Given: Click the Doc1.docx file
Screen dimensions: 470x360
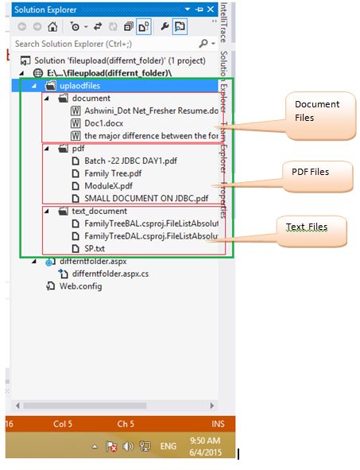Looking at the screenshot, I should pyautogui.click(x=103, y=123).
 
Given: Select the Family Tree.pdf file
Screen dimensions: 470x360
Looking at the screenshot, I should pyautogui.click(x=113, y=173).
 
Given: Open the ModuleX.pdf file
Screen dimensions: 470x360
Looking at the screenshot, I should pyautogui.click(x=107, y=185).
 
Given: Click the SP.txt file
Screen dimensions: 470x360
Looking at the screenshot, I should pyautogui.click(x=95, y=248).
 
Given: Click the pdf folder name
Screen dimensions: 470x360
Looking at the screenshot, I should pyautogui.click(x=78, y=148).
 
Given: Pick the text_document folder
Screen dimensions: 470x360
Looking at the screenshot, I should pyautogui.click(x=99, y=211).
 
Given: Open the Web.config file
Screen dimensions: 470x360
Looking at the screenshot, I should pyautogui.click(x=80, y=286).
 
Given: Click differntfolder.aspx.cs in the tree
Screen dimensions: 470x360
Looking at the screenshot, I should pyautogui.click(x=110, y=274).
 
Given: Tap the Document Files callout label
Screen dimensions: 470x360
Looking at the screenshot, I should pyautogui.click(x=316, y=111).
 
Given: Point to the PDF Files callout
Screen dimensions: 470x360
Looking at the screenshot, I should pyautogui.click(x=309, y=171).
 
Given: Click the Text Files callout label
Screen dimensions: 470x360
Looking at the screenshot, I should pyautogui.click(x=307, y=227).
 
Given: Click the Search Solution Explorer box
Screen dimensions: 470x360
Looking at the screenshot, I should pyautogui.click(x=103, y=44).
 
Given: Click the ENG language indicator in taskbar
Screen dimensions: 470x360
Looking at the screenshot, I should pyautogui.click(x=168, y=446).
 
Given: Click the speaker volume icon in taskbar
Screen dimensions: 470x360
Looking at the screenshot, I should pyautogui.click(x=128, y=446).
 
